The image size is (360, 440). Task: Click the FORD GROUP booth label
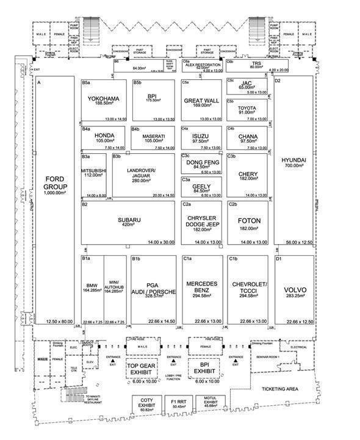(x=54, y=182)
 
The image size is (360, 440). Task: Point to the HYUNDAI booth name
(x=293, y=160)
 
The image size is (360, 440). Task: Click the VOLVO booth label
(x=294, y=290)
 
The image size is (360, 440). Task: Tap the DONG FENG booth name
(x=201, y=163)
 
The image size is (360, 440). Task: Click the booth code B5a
(x=86, y=82)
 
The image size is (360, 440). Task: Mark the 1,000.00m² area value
(x=54, y=192)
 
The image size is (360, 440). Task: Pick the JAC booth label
(x=247, y=83)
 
